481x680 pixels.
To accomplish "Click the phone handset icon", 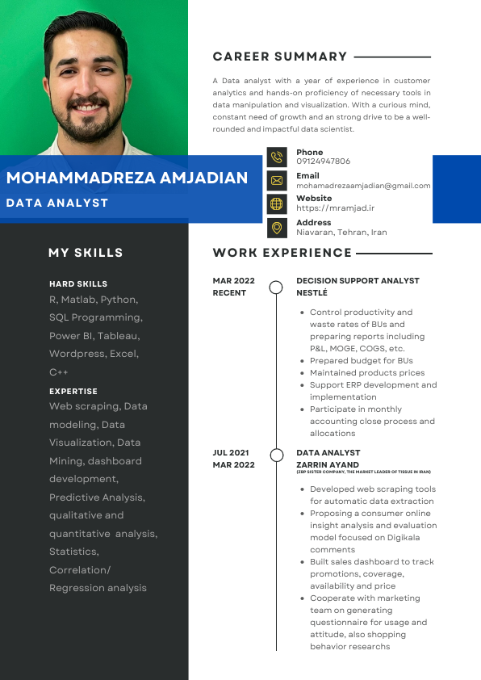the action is point(277,157).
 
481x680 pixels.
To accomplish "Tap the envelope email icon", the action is point(277,181).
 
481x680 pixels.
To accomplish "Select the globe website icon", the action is point(277,204).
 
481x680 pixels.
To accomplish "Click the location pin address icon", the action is point(277,228).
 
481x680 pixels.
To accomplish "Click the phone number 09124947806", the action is point(323,162).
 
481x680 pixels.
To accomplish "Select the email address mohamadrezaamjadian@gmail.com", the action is point(363,185).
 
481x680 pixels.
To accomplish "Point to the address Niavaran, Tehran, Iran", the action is point(341,233).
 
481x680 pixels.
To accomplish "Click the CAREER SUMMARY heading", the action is point(280,57).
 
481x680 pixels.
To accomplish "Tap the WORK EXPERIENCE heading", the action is point(282,253).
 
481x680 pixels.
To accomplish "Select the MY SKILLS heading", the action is point(86,253).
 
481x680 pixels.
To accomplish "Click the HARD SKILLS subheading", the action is point(78,284).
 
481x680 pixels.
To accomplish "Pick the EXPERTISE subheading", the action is point(73,391).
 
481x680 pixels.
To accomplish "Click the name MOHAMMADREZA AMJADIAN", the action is point(127,178).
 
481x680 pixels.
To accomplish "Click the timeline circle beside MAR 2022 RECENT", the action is point(276,287).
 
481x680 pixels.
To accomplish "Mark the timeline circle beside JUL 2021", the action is point(276,454).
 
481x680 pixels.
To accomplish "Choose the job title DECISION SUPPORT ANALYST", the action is point(358,281).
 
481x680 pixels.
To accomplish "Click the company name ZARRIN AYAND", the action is point(328,465).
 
